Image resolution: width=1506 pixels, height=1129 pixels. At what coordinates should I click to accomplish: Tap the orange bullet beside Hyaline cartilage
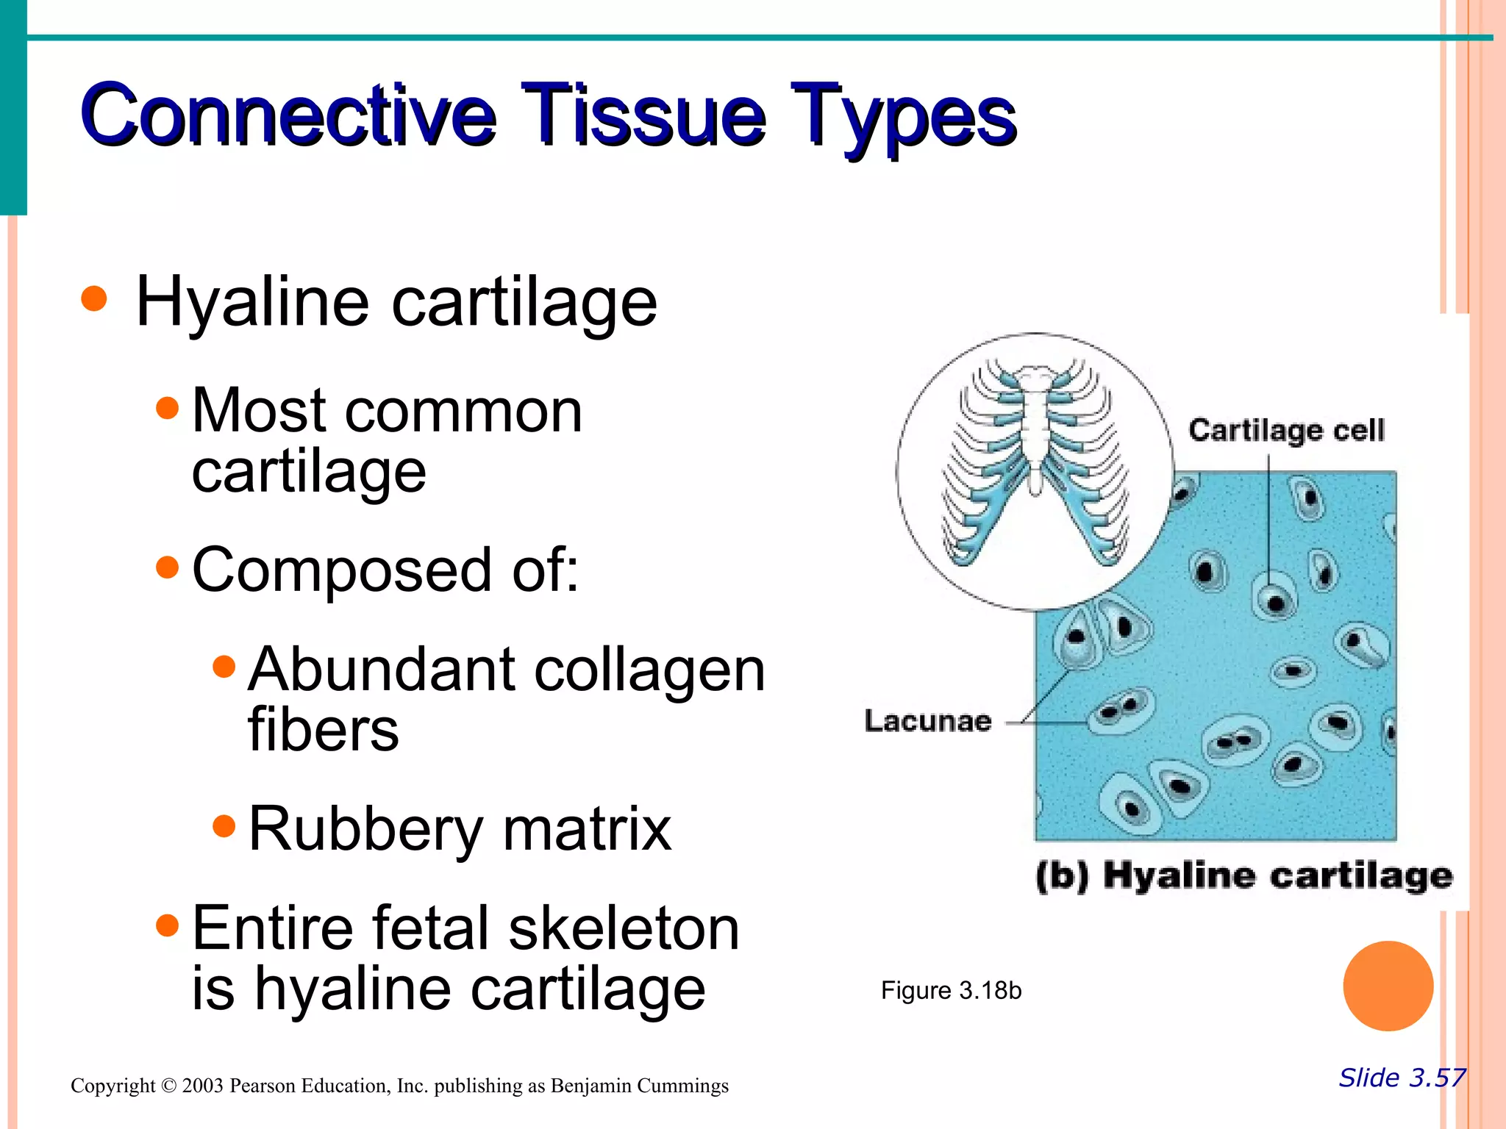94,299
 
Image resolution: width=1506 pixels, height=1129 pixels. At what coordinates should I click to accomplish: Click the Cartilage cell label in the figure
1286,430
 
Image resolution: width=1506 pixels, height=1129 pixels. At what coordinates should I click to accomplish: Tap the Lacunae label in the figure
927,721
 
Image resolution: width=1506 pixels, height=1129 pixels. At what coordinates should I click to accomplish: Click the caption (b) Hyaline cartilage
1244,876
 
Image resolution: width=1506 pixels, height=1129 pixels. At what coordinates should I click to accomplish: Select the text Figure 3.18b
951,991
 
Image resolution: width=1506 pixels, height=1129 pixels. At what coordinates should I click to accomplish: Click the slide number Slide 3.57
1402,1078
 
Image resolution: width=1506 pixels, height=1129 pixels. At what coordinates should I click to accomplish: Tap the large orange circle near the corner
1388,986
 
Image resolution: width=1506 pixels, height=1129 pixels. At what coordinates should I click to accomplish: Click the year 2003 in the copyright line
202,1086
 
